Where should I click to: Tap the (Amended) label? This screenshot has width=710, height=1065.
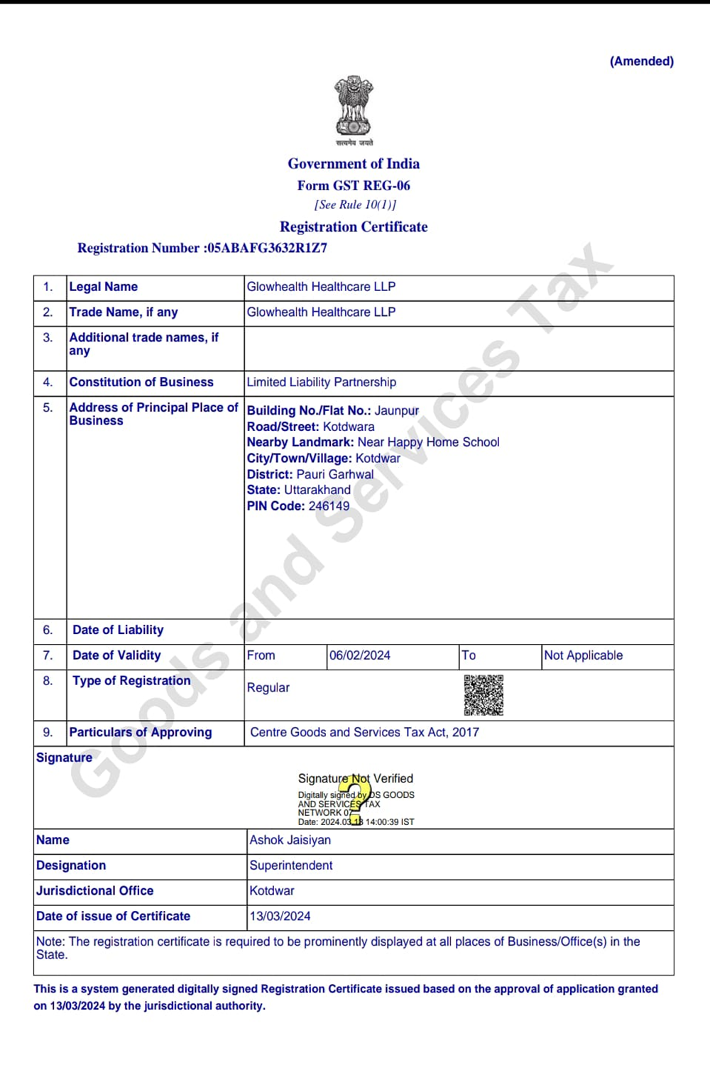[x=641, y=61]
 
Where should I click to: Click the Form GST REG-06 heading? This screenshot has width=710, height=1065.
[x=354, y=185]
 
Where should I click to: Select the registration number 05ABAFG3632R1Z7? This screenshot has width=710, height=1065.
[x=267, y=248]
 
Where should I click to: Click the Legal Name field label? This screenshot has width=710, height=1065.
[x=104, y=287]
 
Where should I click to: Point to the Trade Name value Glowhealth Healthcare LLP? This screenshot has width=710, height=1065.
[x=321, y=312]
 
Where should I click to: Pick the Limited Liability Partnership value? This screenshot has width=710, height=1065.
[x=321, y=382]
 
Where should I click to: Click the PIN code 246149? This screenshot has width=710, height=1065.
[x=329, y=506]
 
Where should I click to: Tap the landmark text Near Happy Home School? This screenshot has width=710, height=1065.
[x=428, y=442]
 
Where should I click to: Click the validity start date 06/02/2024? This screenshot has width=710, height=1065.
[x=359, y=655]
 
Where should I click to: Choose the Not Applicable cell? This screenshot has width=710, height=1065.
[x=583, y=655]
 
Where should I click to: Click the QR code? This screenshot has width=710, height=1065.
[x=484, y=695]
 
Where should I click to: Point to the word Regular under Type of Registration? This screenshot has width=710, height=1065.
[x=268, y=687]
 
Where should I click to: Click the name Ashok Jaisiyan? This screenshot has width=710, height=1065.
[x=290, y=840]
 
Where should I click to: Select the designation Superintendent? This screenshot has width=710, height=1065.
[x=291, y=865]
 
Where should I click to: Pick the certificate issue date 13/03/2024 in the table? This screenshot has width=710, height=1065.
[x=280, y=916]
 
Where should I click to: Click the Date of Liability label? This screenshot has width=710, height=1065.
[x=118, y=630]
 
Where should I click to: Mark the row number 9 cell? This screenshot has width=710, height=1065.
[x=48, y=732]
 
